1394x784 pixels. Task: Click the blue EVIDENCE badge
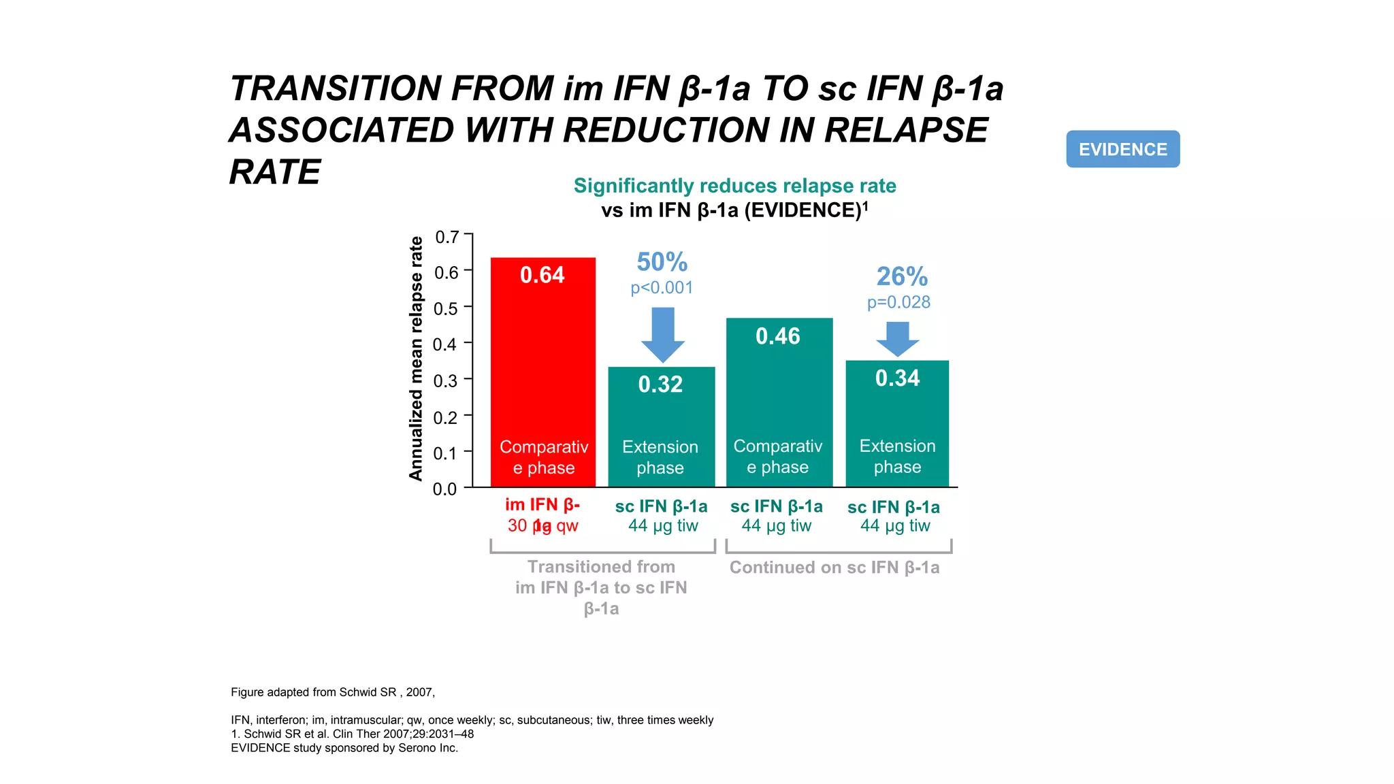click(1122, 149)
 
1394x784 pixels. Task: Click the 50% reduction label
click(662, 262)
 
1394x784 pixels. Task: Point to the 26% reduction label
click(902, 276)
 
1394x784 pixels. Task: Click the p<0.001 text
click(662, 288)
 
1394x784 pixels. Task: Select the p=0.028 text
click(898, 302)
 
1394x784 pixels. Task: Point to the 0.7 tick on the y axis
click(447, 237)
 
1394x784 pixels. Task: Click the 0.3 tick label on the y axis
click(446, 380)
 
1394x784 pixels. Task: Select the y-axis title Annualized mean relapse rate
click(416, 359)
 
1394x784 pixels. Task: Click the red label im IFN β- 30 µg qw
click(542, 515)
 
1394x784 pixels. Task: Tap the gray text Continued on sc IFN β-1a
click(834, 568)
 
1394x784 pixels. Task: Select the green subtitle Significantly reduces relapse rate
click(734, 186)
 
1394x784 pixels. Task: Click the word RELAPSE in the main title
click(905, 131)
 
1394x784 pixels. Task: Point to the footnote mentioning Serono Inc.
click(344, 748)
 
